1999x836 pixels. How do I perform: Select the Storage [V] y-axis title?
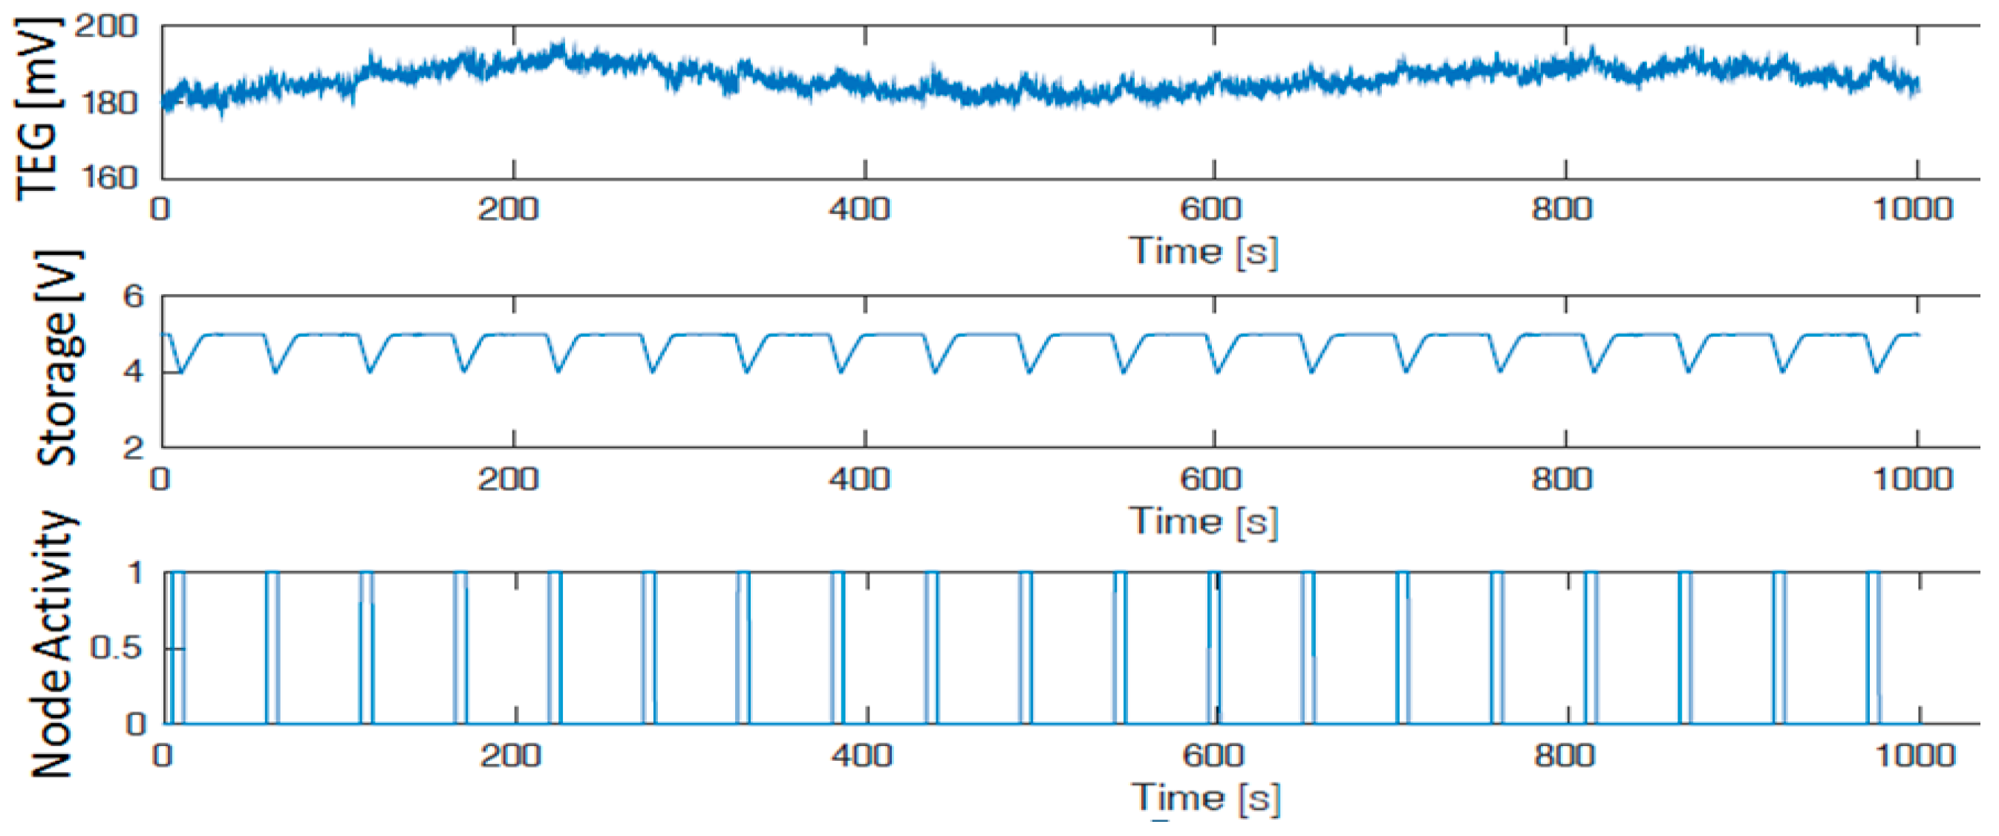(59, 358)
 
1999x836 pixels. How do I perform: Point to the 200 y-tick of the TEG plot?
(106, 27)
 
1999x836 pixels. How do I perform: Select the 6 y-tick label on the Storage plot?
(134, 297)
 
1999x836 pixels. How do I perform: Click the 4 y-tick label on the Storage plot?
(134, 372)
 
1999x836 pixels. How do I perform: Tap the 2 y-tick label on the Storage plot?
(134, 447)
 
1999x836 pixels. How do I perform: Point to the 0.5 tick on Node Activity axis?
(117, 648)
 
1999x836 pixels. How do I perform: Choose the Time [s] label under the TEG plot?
(1204, 251)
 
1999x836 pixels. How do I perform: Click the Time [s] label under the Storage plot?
(1204, 521)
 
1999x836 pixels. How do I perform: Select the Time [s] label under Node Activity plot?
(1205, 797)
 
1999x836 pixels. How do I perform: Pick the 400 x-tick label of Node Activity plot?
(861, 755)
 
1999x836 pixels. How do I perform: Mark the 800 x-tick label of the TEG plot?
(1562, 210)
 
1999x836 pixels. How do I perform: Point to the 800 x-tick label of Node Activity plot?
(1565, 755)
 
